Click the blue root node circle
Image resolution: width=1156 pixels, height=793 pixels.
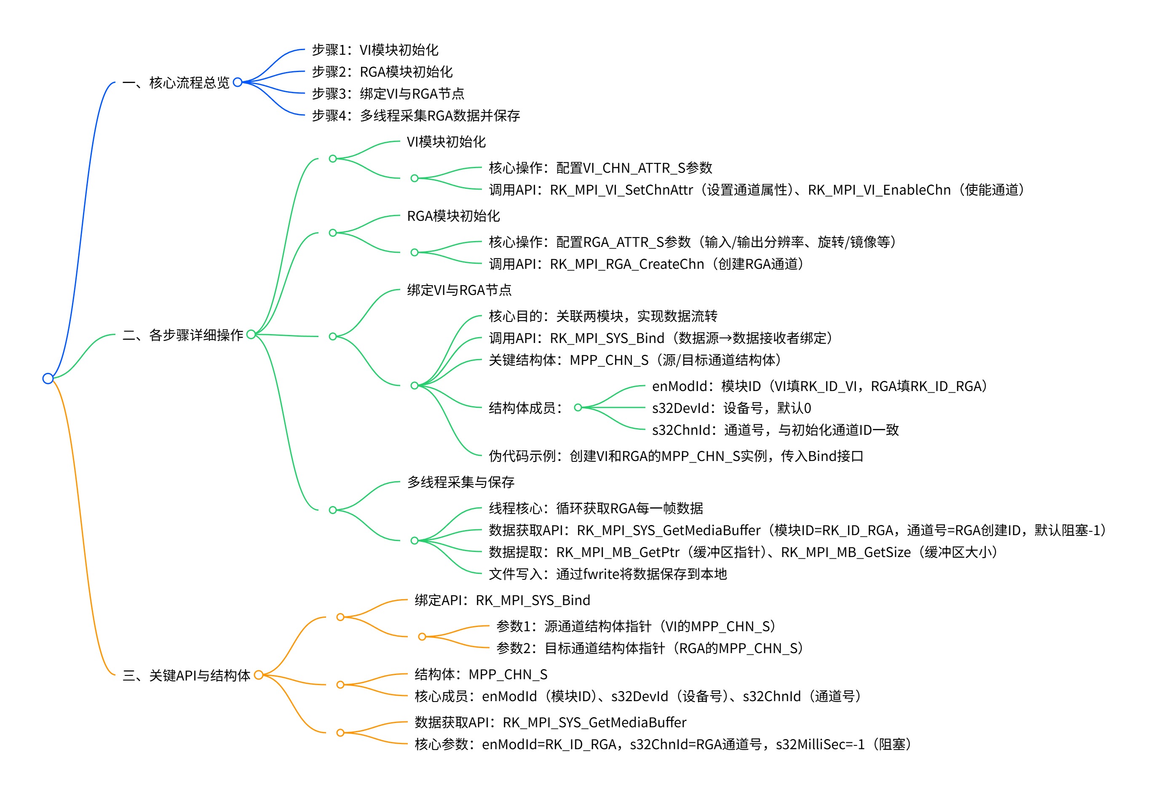click(x=48, y=378)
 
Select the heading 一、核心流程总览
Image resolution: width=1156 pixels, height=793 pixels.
click(x=176, y=83)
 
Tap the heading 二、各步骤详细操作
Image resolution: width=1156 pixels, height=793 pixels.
click(x=182, y=335)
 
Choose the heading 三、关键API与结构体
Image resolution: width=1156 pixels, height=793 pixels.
click(x=186, y=675)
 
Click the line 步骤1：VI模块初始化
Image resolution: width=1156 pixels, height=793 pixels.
click(x=375, y=50)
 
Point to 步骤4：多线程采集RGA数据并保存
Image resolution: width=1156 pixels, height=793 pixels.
click(x=415, y=115)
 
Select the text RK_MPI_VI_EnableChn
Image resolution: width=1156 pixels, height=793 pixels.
click(x=879, y=190)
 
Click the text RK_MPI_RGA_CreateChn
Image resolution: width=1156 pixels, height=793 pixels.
click(x=627, y=264)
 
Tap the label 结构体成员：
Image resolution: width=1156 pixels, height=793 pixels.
click(x=525, y=408)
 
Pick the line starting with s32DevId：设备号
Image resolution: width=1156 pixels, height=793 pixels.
click(x=731, y=408)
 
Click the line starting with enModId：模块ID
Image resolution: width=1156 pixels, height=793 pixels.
click(x=819, y=386)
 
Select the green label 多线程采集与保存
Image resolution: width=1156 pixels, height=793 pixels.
click(x=460, y=482)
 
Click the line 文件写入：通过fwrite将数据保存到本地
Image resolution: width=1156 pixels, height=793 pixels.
click(x=607, y=574)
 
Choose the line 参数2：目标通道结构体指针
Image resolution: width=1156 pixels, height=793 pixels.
click(x=649, y=648)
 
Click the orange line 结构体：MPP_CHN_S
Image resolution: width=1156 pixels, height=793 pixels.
click(x=481, y=674)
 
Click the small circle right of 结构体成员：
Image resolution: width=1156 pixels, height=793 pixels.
click(x=578, y=407)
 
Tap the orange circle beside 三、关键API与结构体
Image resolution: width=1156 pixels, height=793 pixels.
click(x=258, y=675)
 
